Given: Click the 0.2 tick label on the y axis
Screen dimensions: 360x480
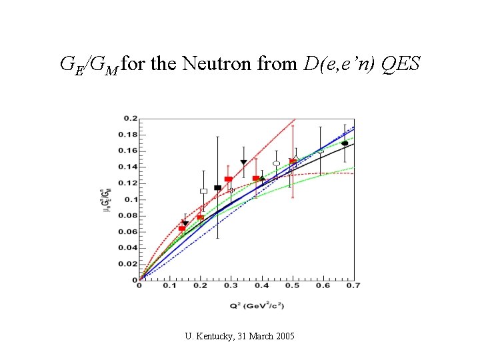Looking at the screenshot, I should (129, 119).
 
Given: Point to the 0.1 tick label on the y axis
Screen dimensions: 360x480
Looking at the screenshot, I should (129, 199).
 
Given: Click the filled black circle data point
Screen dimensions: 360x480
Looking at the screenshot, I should (345, 143).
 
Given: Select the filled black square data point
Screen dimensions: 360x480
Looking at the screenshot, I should (217, 188).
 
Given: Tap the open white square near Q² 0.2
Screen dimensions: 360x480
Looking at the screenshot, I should (203, 191).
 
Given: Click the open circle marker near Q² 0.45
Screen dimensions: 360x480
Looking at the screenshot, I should (277, 163).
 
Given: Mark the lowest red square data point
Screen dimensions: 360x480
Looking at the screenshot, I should (182, 229).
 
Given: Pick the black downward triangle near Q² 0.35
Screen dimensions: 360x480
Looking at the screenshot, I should (244, 163).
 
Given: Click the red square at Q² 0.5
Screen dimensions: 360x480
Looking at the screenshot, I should (293, 162).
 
